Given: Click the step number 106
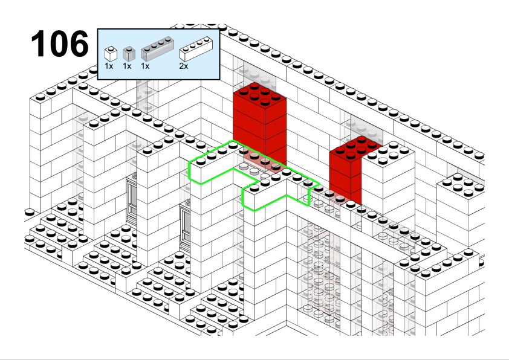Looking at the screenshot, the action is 60,43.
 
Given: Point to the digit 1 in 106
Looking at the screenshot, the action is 38,43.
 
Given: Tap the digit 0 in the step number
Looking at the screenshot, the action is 59,43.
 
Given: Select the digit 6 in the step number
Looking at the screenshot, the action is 79,43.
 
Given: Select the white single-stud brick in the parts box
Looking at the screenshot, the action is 111,54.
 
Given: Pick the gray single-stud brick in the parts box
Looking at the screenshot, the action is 129,54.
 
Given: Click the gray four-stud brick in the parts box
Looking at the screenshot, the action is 157,49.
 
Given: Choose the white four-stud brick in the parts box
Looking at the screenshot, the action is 196,49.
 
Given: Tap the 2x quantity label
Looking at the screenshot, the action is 183,66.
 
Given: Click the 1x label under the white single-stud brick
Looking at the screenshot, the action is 109,66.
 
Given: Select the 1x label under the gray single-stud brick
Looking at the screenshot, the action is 127,66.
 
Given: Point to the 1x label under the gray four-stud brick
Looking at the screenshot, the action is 145,66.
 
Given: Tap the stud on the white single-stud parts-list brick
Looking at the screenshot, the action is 111,49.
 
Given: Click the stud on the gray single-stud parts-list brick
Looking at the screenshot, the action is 129,49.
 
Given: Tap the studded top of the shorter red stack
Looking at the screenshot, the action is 356,147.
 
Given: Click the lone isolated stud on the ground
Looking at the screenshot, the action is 30,213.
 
